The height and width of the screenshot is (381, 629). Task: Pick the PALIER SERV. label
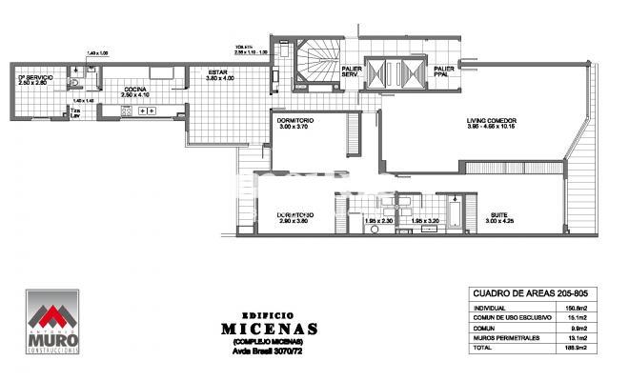pyautogui.click(x=351, y=71)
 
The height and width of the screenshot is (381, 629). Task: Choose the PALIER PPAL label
pyautogui.click(x=444, y=71)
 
